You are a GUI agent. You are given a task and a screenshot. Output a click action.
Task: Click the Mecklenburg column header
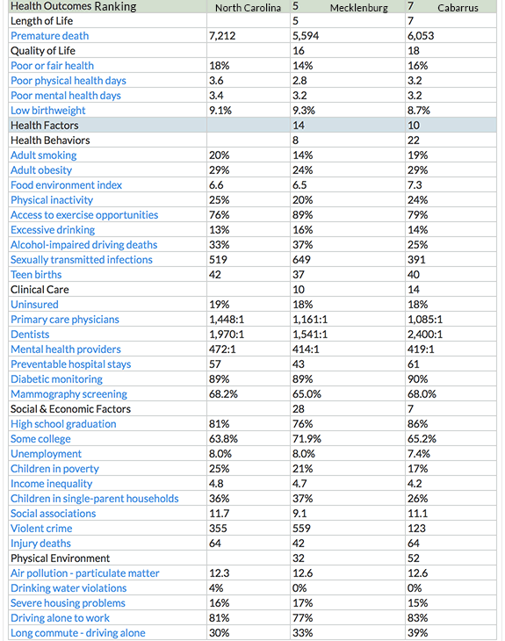point(358,8)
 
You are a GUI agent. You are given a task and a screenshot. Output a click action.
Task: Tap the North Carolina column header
point(248,8)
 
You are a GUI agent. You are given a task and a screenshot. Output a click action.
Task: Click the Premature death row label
point(49,36)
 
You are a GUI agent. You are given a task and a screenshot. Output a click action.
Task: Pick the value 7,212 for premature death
point(226,36)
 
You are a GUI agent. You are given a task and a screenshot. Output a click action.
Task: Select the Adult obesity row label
point(42,170)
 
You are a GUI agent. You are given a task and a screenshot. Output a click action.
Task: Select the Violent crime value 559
point(304,529)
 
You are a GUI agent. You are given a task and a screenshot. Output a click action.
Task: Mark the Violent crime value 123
point(417,529)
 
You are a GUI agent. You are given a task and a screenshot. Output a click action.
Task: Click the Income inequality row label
point(51,484)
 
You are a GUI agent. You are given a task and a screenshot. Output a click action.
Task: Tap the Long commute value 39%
point(418,633)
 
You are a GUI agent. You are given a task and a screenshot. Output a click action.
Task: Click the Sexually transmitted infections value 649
point(304,260)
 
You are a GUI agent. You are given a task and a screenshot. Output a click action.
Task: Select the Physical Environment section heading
point(60,558)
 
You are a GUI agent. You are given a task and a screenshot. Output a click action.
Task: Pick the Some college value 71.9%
point(309,439)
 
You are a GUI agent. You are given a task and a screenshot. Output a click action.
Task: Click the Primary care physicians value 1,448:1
point(230,320)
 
